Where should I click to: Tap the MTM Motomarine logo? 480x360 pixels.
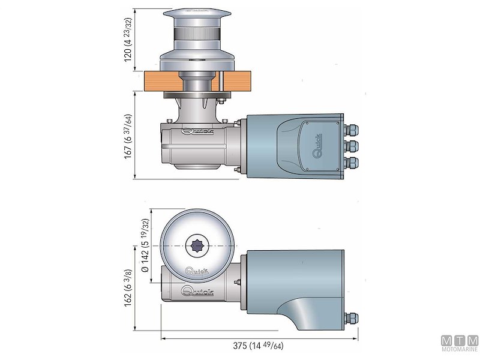point(460,343)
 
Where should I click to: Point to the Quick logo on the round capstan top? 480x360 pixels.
point(197,271)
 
